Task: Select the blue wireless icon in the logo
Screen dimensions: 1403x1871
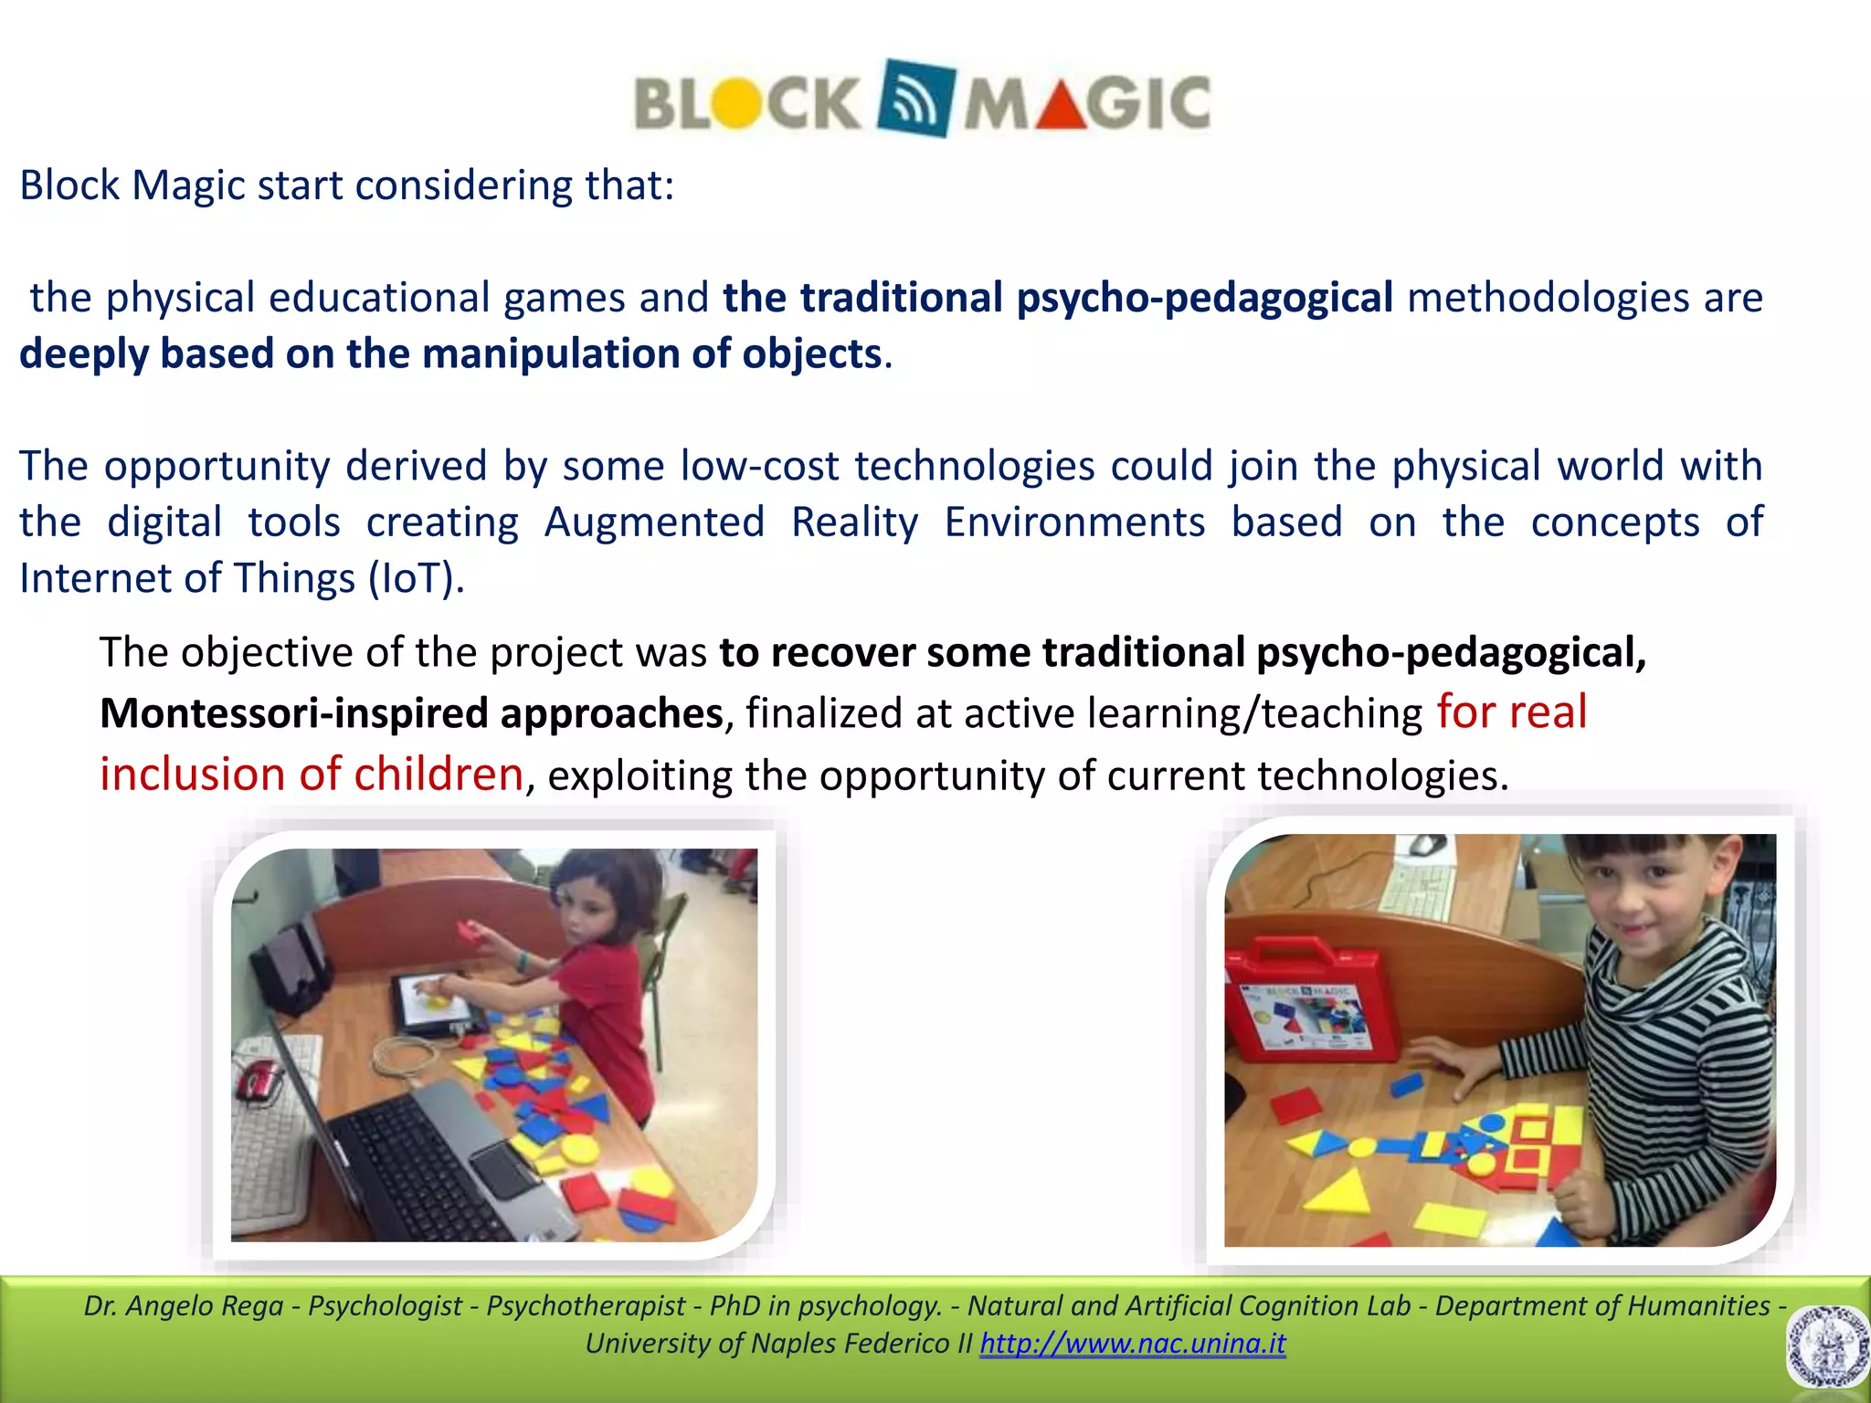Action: (x=915, y=99)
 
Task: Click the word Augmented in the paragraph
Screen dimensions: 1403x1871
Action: (x=654, y=522)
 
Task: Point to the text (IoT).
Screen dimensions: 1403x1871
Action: (x=417, y=578)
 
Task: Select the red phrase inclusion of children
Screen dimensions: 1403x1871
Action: (x=312, y=775)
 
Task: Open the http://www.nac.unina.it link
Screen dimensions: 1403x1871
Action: (x=1132, y=1344)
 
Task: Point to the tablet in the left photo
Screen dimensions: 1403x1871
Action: (x=430, y=1001)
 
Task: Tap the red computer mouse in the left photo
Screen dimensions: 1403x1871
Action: (x=259, y=1082)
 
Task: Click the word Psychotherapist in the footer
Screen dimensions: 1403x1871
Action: (x=586, y=1306)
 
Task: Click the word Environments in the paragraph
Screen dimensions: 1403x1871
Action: (x=1074, y=522)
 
